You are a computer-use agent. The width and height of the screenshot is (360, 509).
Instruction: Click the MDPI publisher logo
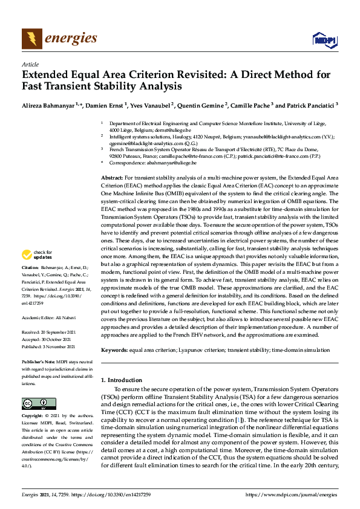(x=323, y=40)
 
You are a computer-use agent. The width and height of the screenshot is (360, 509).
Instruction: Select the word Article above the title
(x=30, y=64)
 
